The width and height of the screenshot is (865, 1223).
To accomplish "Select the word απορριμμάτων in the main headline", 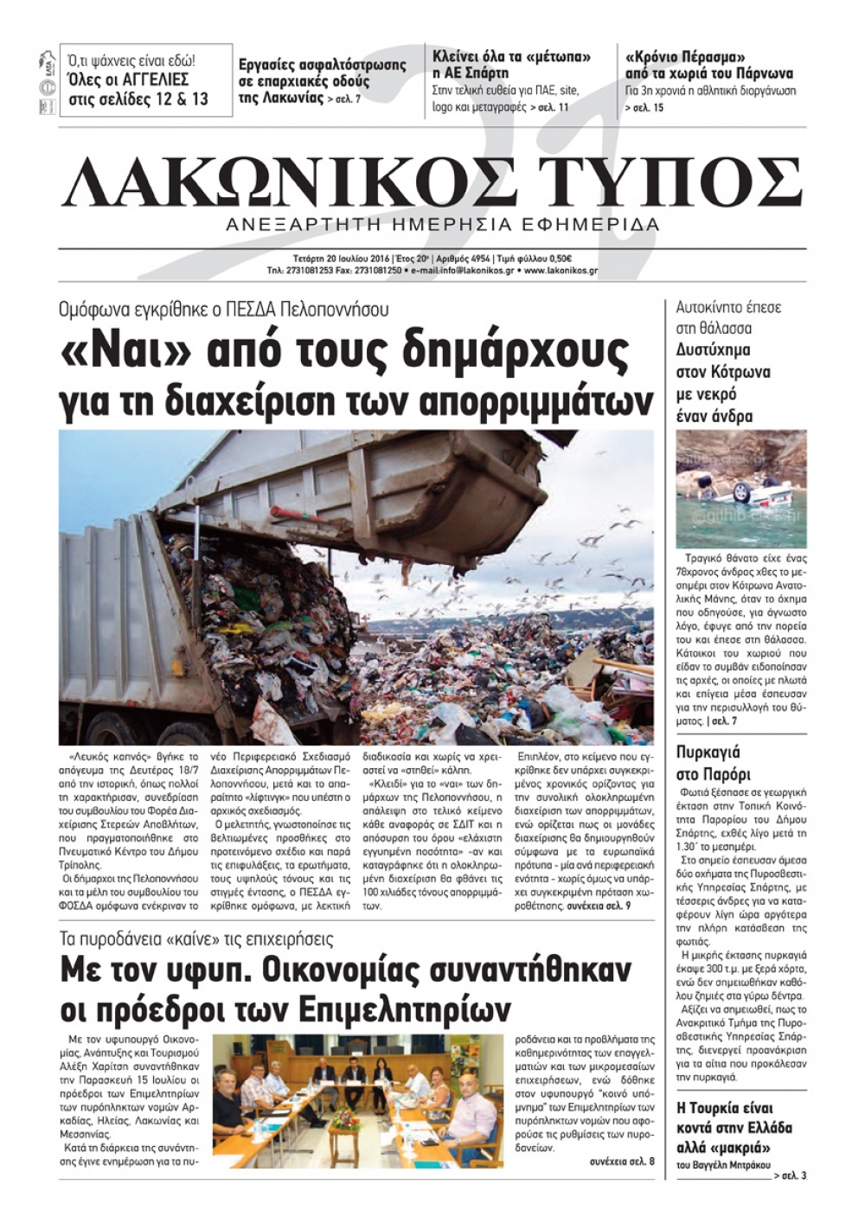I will point(535,400).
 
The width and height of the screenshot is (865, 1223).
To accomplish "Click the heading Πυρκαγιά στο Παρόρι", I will point(714,763).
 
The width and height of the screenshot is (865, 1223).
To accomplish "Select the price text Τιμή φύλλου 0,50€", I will point(532,259).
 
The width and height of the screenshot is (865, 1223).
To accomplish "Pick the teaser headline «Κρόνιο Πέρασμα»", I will point(685,58).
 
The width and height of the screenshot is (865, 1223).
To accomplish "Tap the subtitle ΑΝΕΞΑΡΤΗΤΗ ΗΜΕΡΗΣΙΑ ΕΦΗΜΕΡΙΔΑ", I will point(441,225).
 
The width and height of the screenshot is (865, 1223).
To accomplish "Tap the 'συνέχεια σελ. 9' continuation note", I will point(599,906).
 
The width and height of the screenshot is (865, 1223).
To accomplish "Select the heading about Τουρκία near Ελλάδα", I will point(734,1128).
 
